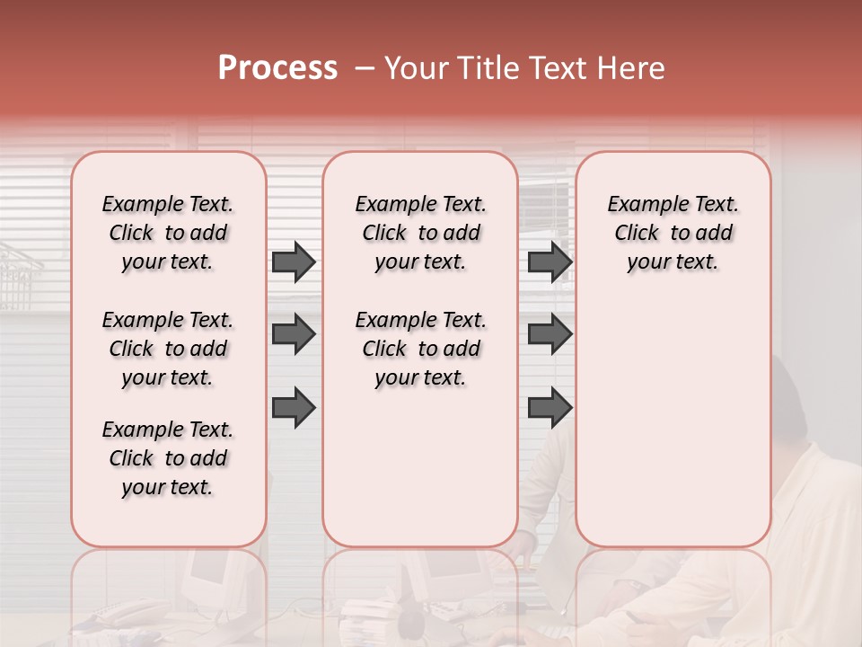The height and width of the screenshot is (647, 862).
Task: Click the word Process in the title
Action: (277, 68)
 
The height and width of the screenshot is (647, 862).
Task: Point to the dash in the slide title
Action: (365, 68)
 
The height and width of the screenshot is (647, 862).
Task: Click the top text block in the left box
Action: (168, 233)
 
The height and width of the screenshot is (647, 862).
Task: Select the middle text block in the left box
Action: (168, 349)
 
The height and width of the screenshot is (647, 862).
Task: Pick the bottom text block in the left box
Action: (168, 458)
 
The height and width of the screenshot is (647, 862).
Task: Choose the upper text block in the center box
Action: (420, 233)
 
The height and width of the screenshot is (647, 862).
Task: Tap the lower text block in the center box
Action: (420, 349)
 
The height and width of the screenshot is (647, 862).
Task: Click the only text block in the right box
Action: (673, 233)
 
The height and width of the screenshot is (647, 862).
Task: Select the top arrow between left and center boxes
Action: (294, 262)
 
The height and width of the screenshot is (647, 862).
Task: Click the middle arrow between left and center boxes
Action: (294, 334)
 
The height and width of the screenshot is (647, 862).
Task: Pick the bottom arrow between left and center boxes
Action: (294, 406)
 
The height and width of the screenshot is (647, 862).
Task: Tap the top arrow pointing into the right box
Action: (550, 262)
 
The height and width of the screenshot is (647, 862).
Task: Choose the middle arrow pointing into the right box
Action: (550, 334)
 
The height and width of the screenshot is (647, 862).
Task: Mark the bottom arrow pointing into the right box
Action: (550, 406)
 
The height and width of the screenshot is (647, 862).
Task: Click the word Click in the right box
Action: (637, 234)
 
